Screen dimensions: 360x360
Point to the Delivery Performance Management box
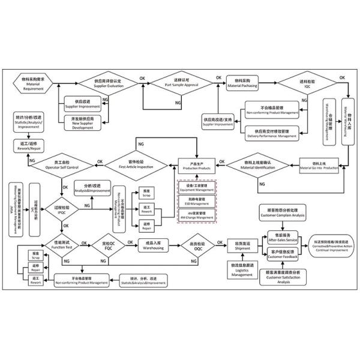tap(272, 133)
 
